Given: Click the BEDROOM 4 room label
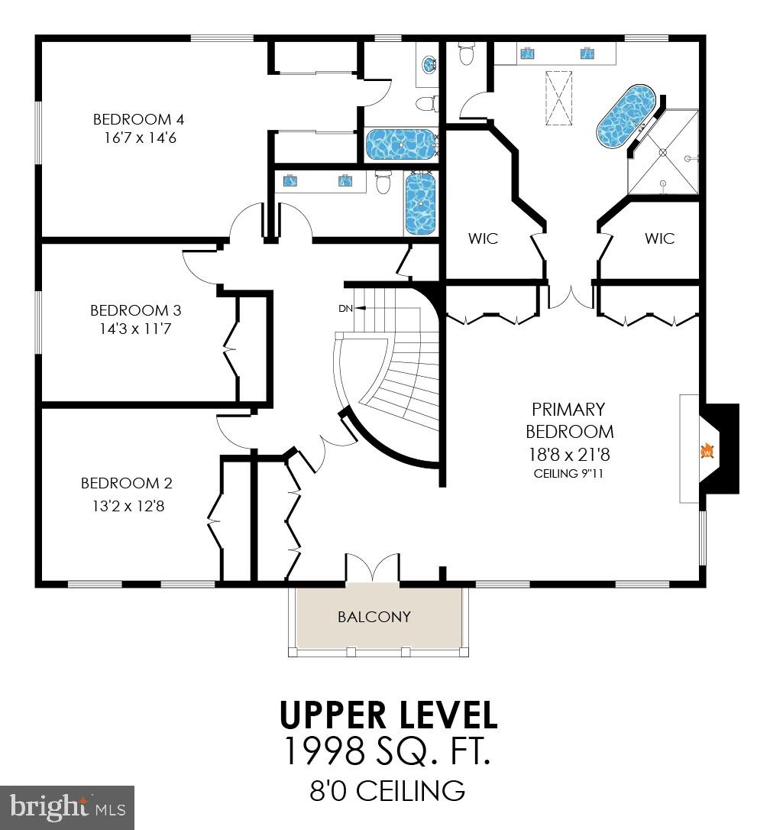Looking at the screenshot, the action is tap(139, 119).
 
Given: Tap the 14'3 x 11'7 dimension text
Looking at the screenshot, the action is tap(135, 329).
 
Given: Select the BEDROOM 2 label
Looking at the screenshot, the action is tap(127, 483).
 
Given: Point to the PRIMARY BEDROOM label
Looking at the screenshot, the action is tap(569, 420).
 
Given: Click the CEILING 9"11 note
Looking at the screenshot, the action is tap(568, 473).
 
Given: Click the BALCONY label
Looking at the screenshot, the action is tap(374, 617).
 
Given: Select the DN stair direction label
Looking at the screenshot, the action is tap(345, 308).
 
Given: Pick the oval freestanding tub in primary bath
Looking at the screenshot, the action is tap(626, 116).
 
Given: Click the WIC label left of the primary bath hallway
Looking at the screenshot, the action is tap(484, 238).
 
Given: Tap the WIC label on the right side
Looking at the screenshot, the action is tap(659, 238).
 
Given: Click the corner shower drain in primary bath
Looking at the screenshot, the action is tap(662, 152).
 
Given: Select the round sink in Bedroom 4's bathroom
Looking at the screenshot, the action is tap(429, 64).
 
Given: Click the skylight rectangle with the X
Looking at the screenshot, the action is tap(559, 98).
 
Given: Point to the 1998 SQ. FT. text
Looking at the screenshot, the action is tap(388, 751).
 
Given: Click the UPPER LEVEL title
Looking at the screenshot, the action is tap(389, 715).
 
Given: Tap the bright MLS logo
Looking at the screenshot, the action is tap(67, 807).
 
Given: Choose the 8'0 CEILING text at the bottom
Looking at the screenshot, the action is tap(387, 791).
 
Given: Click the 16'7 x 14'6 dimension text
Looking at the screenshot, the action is tap(140, 138).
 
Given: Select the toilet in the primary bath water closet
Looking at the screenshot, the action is tap(466, 54).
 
